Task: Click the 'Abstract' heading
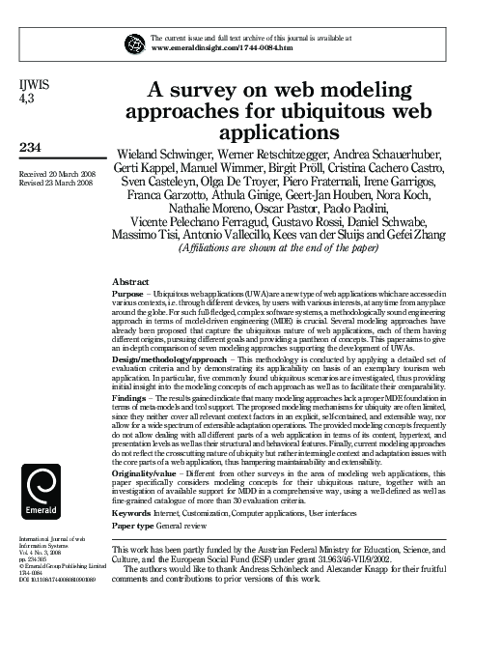(130, 281)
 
